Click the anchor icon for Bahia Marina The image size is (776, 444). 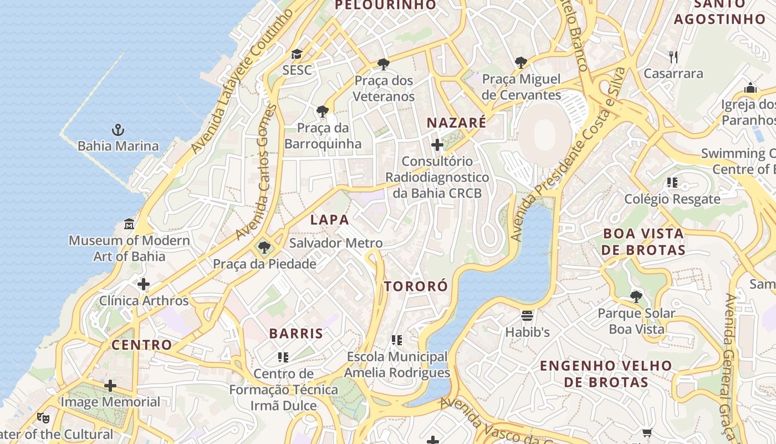coord(118,130)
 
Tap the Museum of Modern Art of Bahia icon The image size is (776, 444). coord(129,224)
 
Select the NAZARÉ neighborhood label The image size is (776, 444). coord(456,123)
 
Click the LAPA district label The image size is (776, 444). coord(330,220)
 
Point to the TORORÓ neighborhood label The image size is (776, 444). coord(416,286)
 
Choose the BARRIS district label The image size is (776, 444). coord(296,334)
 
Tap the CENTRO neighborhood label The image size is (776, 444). coord(142,345)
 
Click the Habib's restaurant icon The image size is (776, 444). coord(527,316)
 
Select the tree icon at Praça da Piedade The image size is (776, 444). coord(264,248)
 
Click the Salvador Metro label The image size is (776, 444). coord(336,243)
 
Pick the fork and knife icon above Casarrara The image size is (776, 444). coord(673,57)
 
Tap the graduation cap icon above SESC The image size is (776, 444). coord(297,54)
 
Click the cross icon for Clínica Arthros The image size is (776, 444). coord(144,285)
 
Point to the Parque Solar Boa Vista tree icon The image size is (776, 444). coord(636,297)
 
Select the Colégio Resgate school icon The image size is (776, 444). coord(672,183)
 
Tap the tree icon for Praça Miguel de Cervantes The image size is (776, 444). coord(520,63)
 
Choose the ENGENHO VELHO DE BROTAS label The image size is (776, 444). coord(606,374)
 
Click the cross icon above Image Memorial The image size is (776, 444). coord(110,385)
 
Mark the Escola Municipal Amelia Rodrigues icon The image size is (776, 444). coord(396,340)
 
